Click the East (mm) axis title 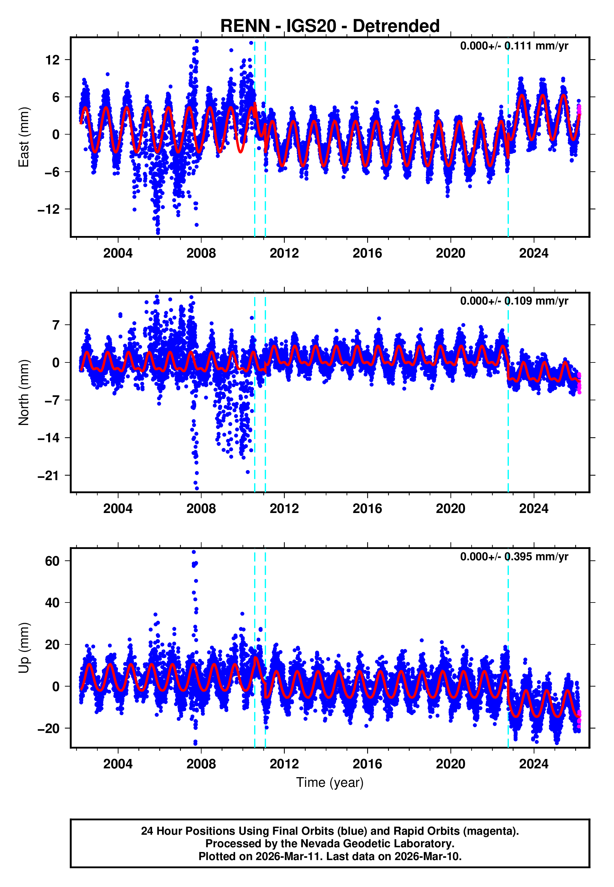[x=24, y=137]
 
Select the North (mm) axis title [x=24, y=392]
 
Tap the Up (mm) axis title [x=24, y=648]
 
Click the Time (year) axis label [x=330, y=782]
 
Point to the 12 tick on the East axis [x=53, y=60]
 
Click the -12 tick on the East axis [x=49, y=209]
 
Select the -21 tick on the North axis [x=49, y=476]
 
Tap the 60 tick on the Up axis [x=53, y=561]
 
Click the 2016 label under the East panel [x=367, y=254]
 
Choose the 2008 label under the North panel [x=201, y=509]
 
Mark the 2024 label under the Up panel [x=533, y=764]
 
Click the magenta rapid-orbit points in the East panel [x=579, y=110]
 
